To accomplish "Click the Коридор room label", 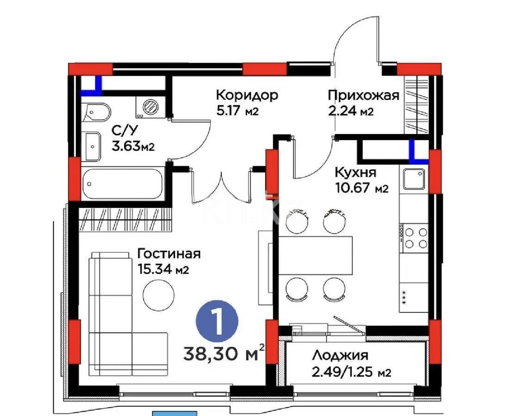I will tap(247, 96).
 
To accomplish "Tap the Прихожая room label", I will tap(363, 96).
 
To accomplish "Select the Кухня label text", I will tap(356, 173).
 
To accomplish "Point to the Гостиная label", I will tap(169, 254).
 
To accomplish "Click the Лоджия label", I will tap(340, 355).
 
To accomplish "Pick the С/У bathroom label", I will tap(121, 130).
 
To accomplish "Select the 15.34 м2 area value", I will tap(163, 269).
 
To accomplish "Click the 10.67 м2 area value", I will tap(360, 188).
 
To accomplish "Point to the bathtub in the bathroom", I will tap(123, 184).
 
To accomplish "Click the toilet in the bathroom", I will tap(98, 112).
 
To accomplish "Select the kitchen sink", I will tap(413, 179).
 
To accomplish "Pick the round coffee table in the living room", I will tap(159, 295).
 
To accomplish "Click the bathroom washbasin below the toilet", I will tap(94, 146).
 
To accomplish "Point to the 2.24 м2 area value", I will tap(350, 111).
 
